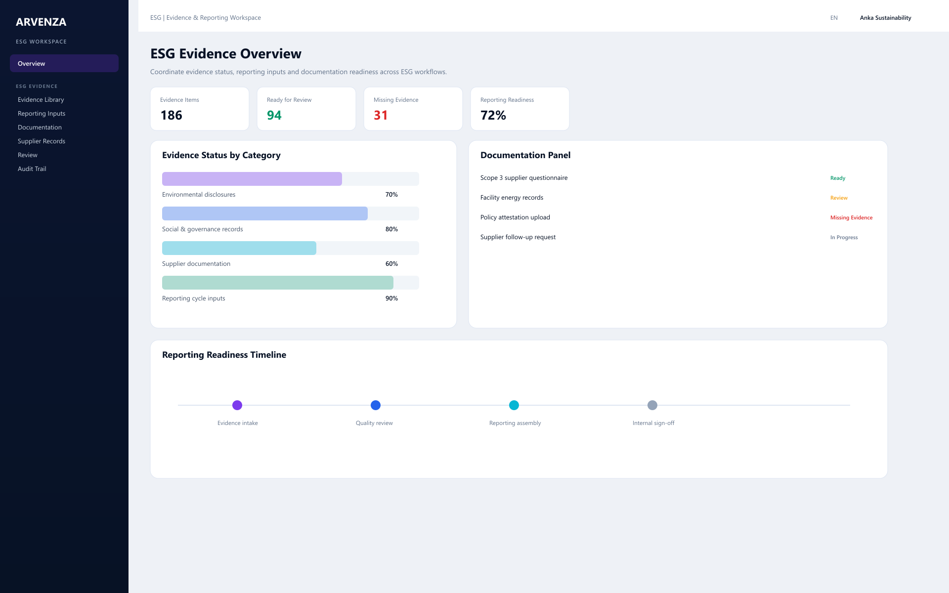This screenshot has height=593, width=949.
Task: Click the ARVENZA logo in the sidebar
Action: pos(41,22)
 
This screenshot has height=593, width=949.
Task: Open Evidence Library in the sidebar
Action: pos(41,99)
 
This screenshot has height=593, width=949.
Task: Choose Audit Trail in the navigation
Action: pos(32,169)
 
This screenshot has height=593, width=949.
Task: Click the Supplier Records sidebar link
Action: pos(42,141)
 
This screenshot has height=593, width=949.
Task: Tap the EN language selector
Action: pos(834,18)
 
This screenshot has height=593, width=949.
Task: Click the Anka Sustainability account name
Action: pos(885,18)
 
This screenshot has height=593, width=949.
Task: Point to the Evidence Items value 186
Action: pos(172,115)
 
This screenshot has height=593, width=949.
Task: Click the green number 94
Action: pos(274,115)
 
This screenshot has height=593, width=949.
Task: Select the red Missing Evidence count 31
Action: pos(381,115)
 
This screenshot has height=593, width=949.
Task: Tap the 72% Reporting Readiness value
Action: pos(493,115)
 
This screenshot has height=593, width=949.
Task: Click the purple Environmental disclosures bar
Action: pos(252,179)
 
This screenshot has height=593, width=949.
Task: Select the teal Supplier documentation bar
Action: pos(239,248)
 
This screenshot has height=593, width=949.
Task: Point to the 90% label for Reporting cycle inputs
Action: pos(391,298)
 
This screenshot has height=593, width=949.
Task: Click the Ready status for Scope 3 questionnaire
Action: pos(838,178)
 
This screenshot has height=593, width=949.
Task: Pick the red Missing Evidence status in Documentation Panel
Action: pos(851,217)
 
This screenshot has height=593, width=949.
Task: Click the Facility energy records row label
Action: pos(512,198)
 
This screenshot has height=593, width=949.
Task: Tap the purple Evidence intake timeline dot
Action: pos(237,405)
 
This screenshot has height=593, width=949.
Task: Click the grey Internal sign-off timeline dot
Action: pos(652,405)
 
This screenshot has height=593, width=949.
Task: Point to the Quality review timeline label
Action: pos(374,423)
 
